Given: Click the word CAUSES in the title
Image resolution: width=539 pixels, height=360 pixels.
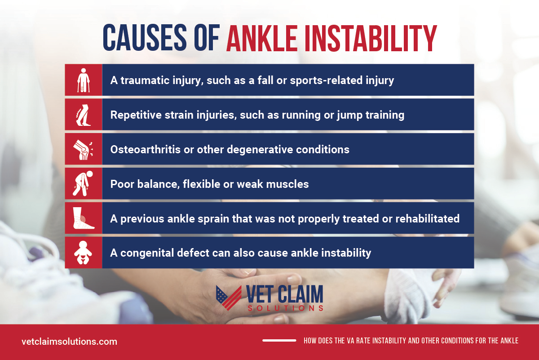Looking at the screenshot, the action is click(x=145, y=37).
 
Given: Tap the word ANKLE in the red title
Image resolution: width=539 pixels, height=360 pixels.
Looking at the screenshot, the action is click(x=261, y=38).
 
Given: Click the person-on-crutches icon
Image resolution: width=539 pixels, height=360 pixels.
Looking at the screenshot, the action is click(x=83, y=80).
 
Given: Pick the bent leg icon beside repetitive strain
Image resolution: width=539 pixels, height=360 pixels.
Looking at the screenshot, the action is click(x=83, y=115).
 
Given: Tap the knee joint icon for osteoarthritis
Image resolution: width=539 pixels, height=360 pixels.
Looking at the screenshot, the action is click(x=83, y=149).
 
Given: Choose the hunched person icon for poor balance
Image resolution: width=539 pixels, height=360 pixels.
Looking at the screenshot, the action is click(x=83, y=183).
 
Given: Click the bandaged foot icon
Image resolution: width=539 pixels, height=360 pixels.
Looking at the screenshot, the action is click(x=83, y=218).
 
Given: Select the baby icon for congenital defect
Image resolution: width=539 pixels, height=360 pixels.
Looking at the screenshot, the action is click(x=83, y=253).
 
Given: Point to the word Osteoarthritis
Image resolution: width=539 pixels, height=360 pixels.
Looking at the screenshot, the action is click(x=146, y=150).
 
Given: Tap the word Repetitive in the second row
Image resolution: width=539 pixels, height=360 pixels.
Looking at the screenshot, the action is click(x=136, y=115).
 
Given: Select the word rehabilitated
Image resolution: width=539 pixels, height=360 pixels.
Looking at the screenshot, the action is click(x=427, y=218).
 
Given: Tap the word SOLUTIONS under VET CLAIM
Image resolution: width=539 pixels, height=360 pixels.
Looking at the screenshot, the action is click(x=285, y=308).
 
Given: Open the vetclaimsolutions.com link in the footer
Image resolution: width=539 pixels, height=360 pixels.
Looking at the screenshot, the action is click(x=69, y=342).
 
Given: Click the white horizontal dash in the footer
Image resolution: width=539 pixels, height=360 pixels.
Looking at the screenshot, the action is click(x=279, y=341).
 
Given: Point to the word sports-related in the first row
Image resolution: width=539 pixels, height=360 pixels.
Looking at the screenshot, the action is click(x=326, y=80).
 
